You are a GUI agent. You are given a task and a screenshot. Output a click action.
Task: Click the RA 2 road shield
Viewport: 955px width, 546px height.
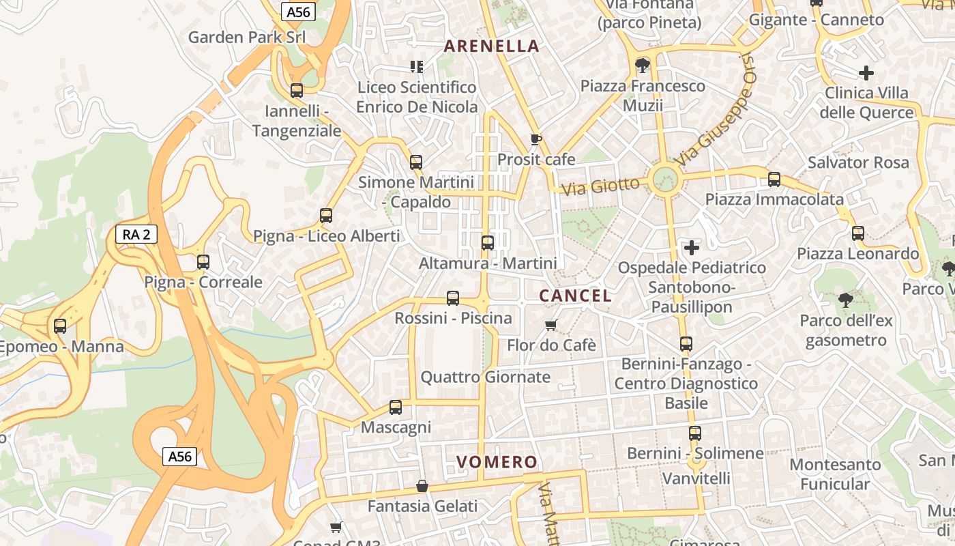(x=136, y=235)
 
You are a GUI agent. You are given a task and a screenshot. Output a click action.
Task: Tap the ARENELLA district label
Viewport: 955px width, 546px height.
(x=492, y=46)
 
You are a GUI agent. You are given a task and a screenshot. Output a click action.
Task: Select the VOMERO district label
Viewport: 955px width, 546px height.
(x=497, y=462)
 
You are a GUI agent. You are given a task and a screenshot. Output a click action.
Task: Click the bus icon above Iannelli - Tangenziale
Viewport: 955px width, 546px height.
(x=297, y=90)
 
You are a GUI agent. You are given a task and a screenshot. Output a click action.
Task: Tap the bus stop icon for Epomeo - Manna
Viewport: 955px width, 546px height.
(x=60, y=326)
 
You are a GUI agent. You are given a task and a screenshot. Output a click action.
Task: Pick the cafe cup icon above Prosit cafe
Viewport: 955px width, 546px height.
(x=536, y=140)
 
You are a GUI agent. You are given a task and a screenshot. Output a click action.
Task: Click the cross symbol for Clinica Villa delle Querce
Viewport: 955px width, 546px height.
(x=866, y=72)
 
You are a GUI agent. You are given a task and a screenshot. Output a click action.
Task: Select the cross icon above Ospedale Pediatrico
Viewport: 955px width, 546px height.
(x=692, y=247)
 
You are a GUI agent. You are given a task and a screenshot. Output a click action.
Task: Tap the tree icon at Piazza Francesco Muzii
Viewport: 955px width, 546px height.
(x=642, y=66)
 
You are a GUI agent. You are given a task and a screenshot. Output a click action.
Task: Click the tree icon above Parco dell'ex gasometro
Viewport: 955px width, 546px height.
(x=845, y=300)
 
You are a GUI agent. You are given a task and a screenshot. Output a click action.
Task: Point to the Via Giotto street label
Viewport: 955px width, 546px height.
(x=600, y=185)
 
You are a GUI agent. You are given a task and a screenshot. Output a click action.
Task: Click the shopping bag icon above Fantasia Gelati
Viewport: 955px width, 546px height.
(x=422, y=486)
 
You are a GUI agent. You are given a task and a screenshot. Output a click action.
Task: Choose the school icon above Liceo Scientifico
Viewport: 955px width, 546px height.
(x=417, y=67)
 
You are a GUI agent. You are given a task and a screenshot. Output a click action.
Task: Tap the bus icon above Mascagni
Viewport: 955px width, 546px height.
(x=396, y=407)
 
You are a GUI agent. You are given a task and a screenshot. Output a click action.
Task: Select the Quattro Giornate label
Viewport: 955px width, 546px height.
(x=485, y=377)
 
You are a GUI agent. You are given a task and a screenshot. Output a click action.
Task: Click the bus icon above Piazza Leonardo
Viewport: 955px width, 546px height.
(x=858, y=233)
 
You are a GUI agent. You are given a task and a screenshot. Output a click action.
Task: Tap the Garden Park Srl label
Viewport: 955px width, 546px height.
(x=246, y=37)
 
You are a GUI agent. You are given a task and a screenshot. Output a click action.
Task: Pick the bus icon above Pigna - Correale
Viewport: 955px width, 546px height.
(x=203, y=261)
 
